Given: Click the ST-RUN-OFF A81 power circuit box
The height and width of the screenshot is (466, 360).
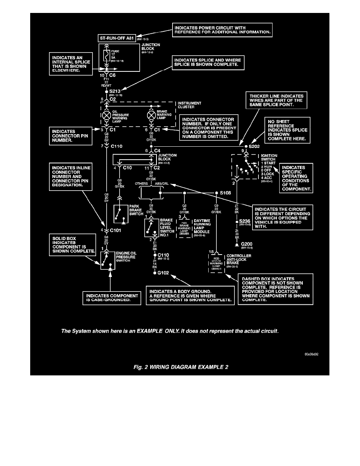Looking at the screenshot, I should coord(118,38).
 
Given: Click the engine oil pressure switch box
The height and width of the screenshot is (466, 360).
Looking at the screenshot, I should coord(106,259).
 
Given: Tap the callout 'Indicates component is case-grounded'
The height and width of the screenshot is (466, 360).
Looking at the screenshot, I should coord(112,298).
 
